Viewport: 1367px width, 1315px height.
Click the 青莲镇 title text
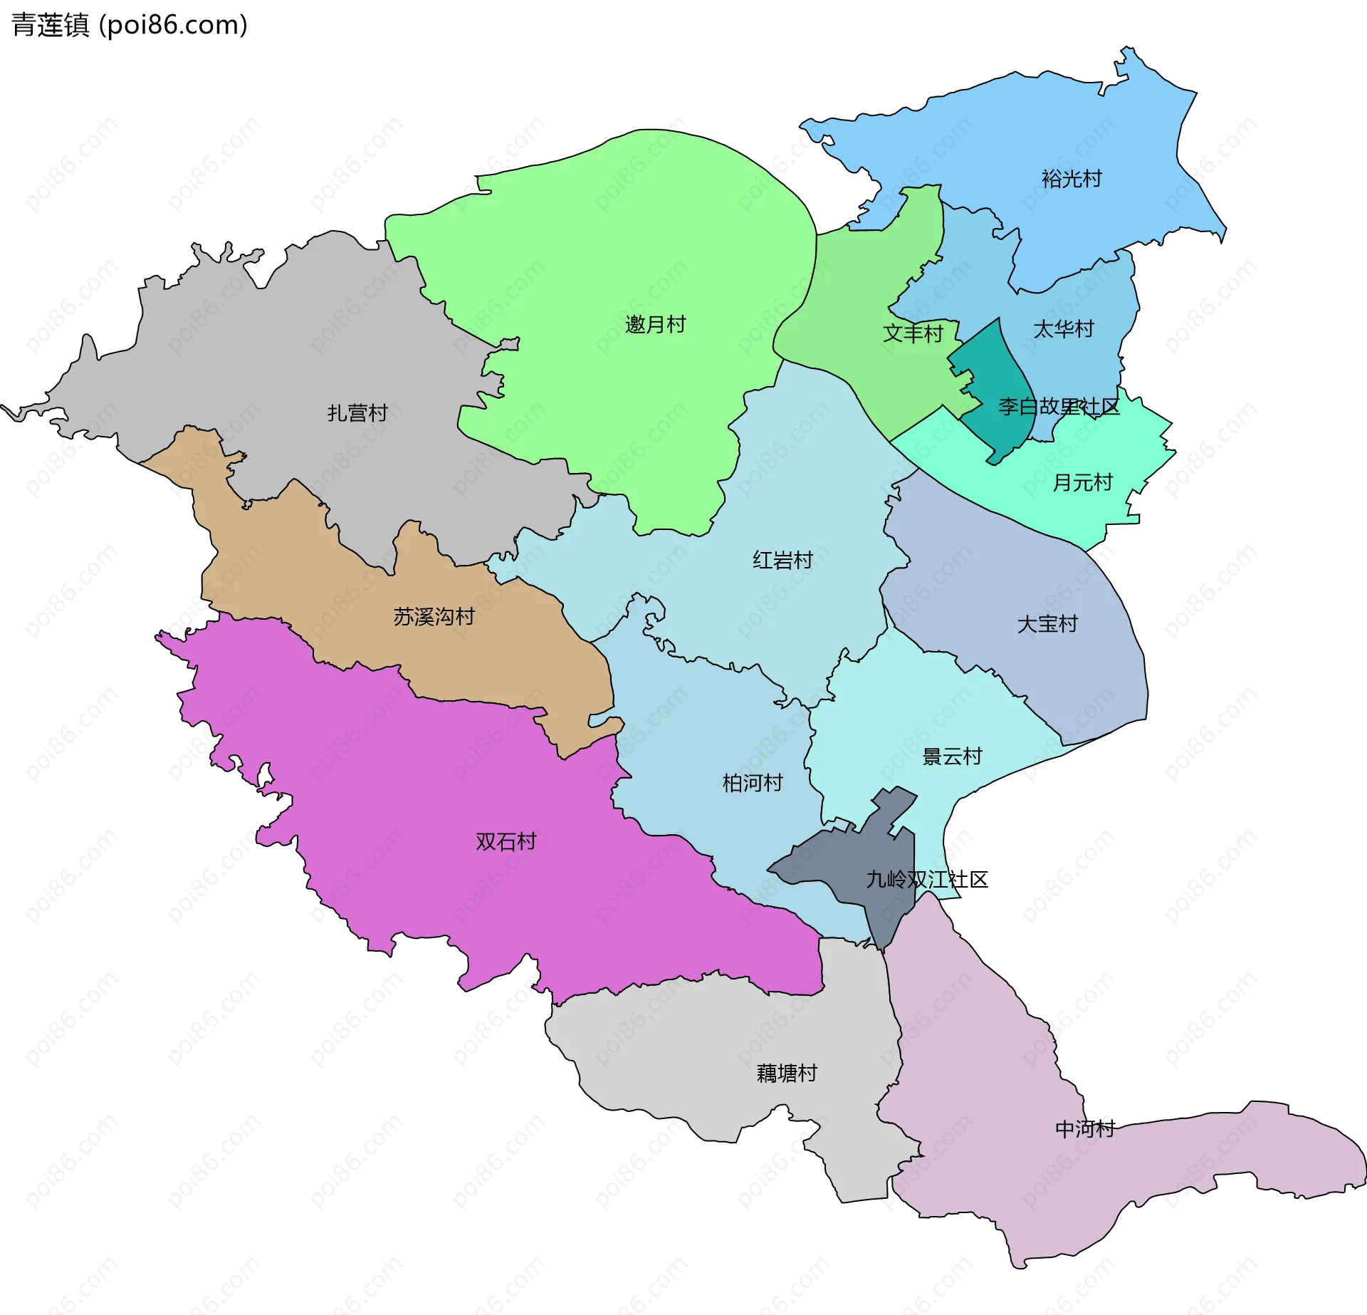point(50,25)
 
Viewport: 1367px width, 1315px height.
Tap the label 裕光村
point(1071,179)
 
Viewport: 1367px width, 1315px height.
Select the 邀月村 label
point(655,325)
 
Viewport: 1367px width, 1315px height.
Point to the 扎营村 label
point(357,413)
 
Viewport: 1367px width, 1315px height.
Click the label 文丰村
point(913,333)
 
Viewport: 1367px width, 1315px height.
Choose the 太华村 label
point(1063,329)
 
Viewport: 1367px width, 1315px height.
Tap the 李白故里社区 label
point(1059,407)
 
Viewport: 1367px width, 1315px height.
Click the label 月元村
point(1082,483)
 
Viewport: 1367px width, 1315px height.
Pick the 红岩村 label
point(782,561)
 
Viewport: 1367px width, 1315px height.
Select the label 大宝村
point(1047,625)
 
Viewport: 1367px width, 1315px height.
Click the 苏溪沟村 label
point(434,617)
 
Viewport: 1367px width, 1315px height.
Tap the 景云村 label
point(952,757)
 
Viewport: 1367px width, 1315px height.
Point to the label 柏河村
point(753,784)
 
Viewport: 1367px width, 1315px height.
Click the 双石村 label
point(506,842)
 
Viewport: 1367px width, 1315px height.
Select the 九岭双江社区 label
point(927,880)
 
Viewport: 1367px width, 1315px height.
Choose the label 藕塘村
point(787,1074)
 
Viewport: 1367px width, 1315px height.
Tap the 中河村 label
point(1084,1129)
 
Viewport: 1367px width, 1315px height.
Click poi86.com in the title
point(174,25)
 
